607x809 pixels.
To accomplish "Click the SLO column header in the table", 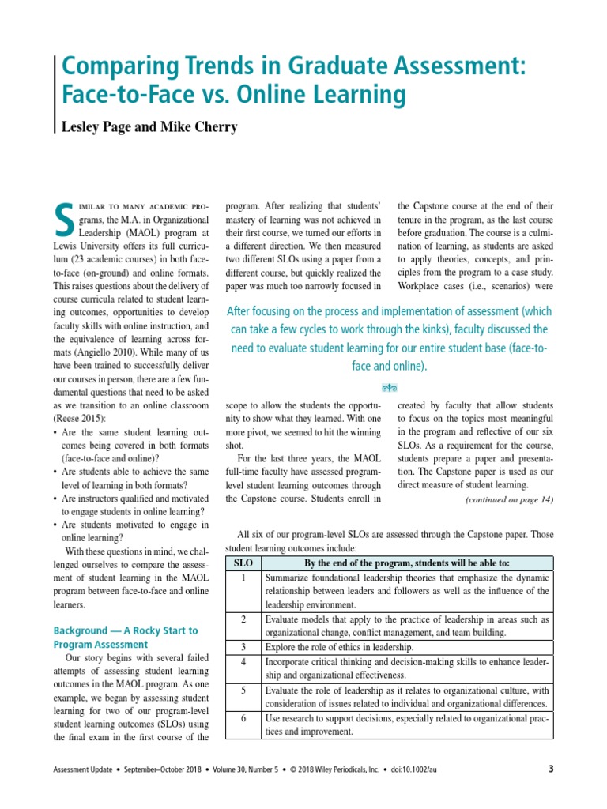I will [x=243, y=563].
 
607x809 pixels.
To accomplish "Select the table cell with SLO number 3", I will [x=243, y=646].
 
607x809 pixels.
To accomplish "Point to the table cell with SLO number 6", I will [x=243, y=718].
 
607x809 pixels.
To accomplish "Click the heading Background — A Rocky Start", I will [x=125, y=630].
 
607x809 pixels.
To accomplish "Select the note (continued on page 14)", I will [x=509, y=499].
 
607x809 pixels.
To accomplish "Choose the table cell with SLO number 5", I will [x=243, y=690].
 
